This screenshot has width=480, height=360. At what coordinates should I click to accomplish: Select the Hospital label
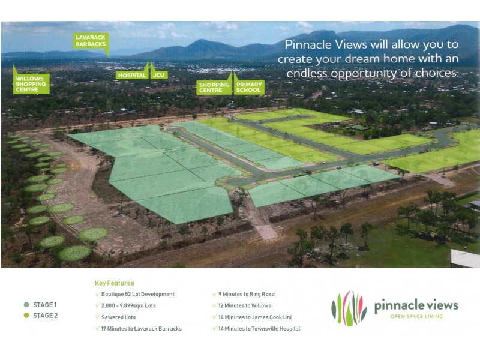(x=132, y=75)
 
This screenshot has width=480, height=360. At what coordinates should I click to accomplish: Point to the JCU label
(x=159, y=75)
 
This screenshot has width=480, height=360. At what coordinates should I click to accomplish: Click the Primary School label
(x=249, y=88)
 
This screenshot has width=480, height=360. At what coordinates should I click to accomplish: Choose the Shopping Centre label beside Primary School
(x=214, y=88)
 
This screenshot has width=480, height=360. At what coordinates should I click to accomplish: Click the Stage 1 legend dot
(x=26, y=305)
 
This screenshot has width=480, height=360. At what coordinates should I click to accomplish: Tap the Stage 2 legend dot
(x=26, y=316)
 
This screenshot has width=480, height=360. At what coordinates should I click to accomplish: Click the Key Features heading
(x=115, y=283)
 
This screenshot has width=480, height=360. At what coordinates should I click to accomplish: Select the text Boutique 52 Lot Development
(x=138, y=294)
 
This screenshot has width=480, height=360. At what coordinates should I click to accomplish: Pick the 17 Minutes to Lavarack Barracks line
(x=142, y=329)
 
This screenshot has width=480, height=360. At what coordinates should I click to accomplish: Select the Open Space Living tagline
(x=416, y=316)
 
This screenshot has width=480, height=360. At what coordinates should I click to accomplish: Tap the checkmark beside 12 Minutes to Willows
(x=215, y=306)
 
